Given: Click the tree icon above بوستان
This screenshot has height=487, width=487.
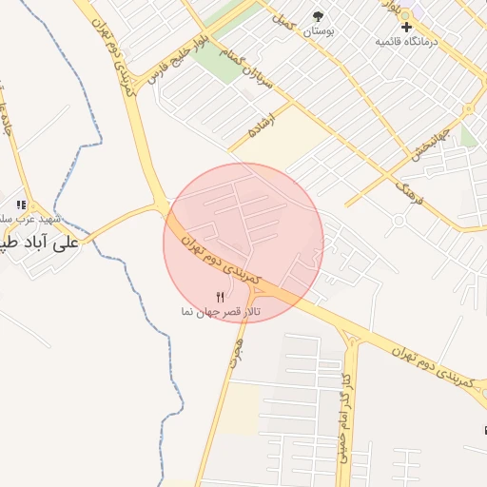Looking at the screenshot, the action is point(318,17).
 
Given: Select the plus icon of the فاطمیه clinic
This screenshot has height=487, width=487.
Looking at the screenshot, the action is point(406,27).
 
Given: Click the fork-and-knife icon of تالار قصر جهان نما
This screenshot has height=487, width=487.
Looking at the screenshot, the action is point(222,297).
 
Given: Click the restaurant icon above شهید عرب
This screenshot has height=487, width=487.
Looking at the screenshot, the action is point(21,205).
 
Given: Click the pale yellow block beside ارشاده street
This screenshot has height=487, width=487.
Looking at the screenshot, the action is point(276,143).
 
